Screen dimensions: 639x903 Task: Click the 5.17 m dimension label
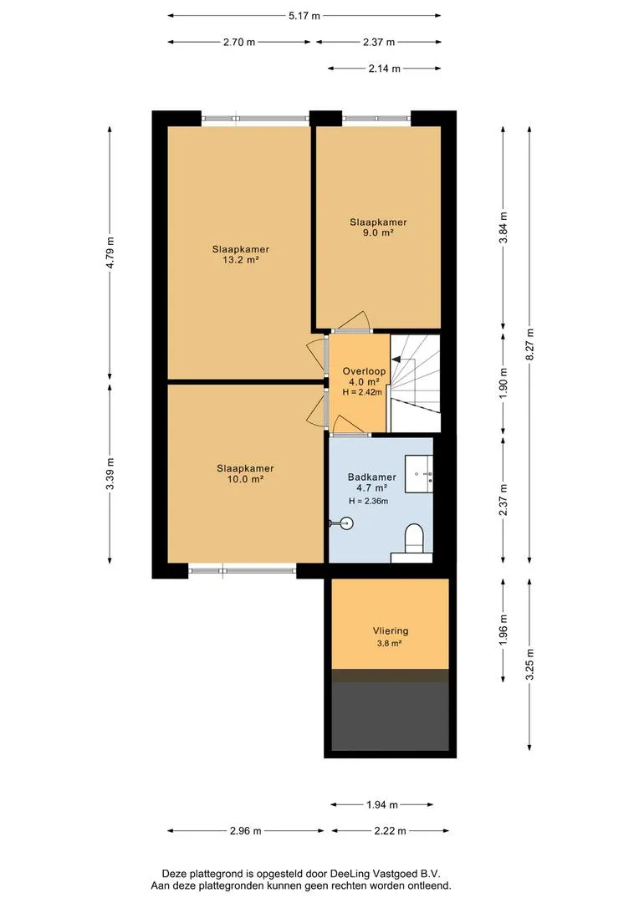[x=304, y=16]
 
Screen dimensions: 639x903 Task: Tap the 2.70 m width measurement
[x=239, y=42]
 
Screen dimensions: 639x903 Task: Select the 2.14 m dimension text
[x=385, y=69]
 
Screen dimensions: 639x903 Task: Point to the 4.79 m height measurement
[x=110, y=253]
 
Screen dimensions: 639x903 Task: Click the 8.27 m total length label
[x=529, y=344]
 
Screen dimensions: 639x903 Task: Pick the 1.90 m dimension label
[x=503, y=383]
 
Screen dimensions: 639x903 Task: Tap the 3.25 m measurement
[x=529, y=665]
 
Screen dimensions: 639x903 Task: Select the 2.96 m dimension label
[x=245, y=831]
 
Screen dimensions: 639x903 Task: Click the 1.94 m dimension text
[x=382, y=804]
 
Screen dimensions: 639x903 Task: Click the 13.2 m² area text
[x=240, y=260]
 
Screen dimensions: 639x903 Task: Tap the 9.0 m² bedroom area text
[x=378, y=232]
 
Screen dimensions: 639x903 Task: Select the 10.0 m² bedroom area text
[x=245, y=479]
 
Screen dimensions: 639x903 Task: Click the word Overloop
[x=364, y=371]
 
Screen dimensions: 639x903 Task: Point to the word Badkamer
[x=371, y=477]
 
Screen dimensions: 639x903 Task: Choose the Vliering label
[x=391, y=631]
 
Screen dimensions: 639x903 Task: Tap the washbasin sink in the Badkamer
[x=419, y=473]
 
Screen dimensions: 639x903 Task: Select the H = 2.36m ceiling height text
[x=369, y=501]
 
